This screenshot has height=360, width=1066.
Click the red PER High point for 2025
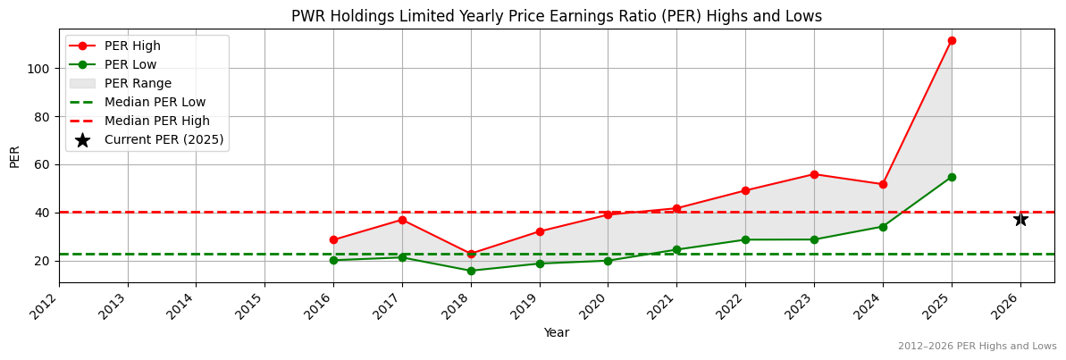click(952, 40)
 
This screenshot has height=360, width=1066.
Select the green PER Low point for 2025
click(952, 177)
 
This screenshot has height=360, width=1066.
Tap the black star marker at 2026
click(1020, 219)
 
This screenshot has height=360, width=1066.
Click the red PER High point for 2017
click(402, 220)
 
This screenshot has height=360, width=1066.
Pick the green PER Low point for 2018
click(471, 271)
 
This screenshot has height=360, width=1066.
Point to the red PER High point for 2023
click(814, 174)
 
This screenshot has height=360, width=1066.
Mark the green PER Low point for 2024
click(883, 227)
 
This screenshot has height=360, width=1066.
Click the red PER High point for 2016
click(333, 239)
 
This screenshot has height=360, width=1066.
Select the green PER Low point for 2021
click(676, 250)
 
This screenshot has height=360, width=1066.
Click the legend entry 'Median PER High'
click(156, 121)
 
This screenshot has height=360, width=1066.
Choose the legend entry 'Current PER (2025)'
click(164, 139)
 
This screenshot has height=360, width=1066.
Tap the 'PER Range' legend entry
click(138, 83)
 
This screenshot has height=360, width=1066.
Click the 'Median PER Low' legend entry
click(155, 102)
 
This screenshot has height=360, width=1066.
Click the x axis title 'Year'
click(556, 333)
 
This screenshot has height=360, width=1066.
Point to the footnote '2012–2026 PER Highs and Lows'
click(977, 347)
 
